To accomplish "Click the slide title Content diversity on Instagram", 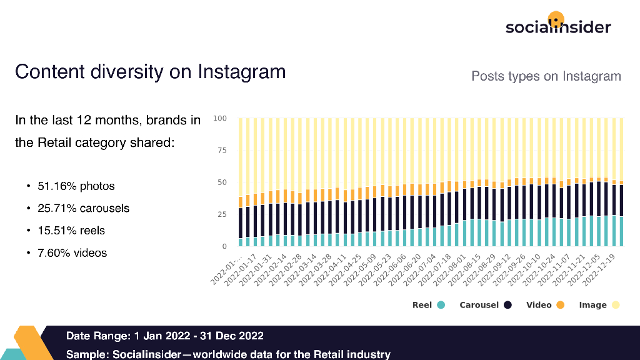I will (x=150, y=71).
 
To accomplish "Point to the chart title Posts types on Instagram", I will (x=546, y=76).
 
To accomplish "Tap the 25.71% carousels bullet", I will (x=83, y=208).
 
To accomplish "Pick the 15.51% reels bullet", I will (x=71, y=231).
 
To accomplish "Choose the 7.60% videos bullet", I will (x=72, y=253).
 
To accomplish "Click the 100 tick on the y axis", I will (x=220, y=118).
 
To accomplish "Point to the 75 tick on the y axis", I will (x=222, y=151).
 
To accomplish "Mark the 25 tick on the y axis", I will (x=222, y=214).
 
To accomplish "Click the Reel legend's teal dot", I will (x=441, y=305).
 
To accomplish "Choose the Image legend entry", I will (x=599, y=305).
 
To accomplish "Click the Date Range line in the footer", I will (x=165, y=336).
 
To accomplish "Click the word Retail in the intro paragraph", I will (x=54, y=142).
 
